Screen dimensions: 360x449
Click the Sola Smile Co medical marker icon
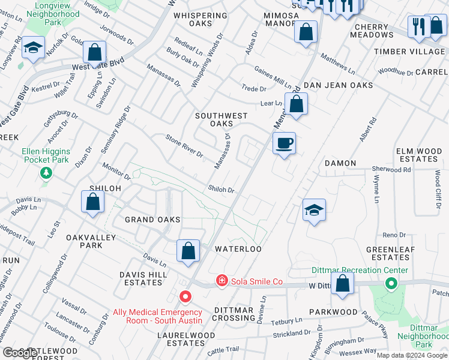pyautogui.click(x=221, y=281)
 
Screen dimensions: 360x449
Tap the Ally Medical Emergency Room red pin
pyautogui.click(x=185, y=297)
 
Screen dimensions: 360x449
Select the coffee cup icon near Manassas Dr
pyautogui.click(x=284, y=143)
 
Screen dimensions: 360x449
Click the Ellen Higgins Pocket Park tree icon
pyautogui.click(x=46, y=173)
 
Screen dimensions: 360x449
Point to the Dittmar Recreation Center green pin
pyautogui.click(x=391, y=283)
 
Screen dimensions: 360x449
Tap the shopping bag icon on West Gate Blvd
pyautogui.click(x=94, y=52)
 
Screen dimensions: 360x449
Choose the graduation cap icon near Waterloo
pyautogui.click(x=314, y=211)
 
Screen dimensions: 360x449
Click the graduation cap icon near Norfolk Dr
pyautogui.click(x=33, y=47)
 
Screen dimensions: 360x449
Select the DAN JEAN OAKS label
pyautogui.click(x=337, y=86)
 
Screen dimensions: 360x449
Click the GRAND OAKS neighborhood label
pyautogui.click(x=152, y=220)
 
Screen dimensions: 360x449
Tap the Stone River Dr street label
pyautogui.click(x=185, y=146)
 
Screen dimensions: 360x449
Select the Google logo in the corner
pyautogui.click(x=19, y=353)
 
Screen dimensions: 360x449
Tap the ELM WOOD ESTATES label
pyautogui.click(x=417, y=155)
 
